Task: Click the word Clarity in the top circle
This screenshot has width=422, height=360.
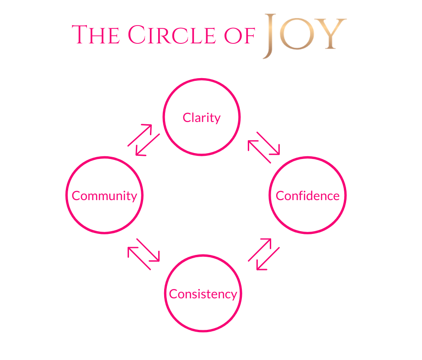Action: coord(202,118)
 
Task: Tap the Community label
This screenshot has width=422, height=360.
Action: coord(104,196)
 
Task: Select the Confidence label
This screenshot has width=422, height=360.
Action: coord(308,196)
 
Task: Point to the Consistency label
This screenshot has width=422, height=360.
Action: coord(203,294)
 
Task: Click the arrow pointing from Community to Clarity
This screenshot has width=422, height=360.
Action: coord(139,135)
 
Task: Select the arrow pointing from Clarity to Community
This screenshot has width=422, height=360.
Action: coord(148,145)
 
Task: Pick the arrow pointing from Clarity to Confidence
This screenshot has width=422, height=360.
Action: coord(268,143)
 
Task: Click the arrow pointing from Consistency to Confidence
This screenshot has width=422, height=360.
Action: coord(260,249)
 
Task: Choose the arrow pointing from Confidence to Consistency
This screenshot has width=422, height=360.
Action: coord(268,259)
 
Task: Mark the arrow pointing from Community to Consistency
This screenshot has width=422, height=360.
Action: coord(148,250)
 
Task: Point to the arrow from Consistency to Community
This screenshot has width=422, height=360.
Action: coord(139,259)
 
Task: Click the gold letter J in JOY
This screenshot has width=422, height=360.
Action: coord(270,36)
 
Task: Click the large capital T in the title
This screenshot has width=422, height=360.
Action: coord(80,35)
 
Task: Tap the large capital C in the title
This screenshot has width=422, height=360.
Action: coord(137,35)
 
